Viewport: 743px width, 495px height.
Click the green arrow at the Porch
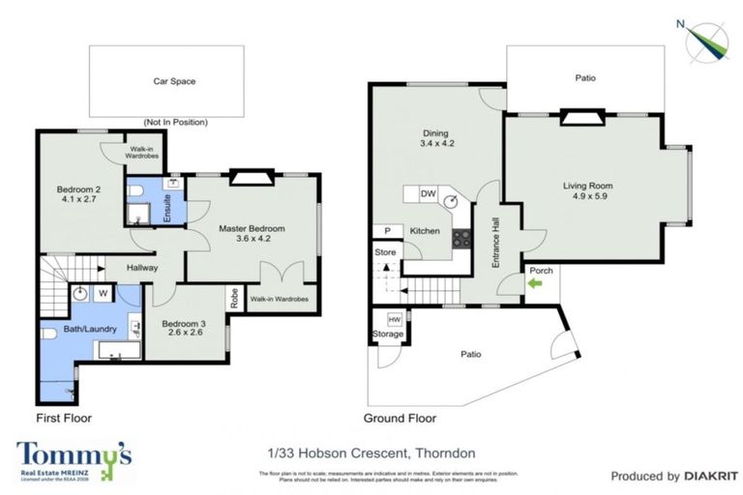536,284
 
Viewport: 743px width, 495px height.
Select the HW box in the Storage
394,320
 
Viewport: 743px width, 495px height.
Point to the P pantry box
387,232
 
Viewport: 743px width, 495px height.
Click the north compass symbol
707,40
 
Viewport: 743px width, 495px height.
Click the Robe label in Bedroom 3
234,299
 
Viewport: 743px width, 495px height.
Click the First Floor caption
64,419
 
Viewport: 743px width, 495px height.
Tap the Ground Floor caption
400,419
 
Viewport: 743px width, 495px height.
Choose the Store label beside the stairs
385,253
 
